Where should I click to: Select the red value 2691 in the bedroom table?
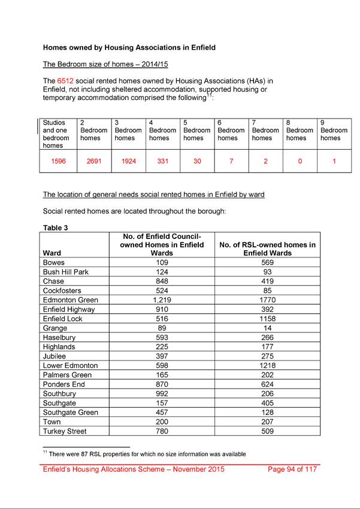tap(93, 161)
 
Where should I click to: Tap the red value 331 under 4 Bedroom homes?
tap(162, 161)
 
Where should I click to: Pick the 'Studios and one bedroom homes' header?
tap(56, 134)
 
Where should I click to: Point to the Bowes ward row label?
tap(55, 262)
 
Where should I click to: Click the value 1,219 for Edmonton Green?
tap(162, 300)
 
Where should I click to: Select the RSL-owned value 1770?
tap(267, 300)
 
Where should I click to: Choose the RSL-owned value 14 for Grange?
tap(267, 328)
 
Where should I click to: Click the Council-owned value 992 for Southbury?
tap(162, 393)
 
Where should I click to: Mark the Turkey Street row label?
tap(65, 431)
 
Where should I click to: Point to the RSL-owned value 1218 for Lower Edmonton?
tap(267, 365)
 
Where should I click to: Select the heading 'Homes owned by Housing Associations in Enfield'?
tap(129, 47)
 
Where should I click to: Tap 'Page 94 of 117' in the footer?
tap(292, 469)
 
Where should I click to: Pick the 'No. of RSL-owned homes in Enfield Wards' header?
tap(267, 249)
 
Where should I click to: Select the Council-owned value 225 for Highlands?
tap(162, 347)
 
